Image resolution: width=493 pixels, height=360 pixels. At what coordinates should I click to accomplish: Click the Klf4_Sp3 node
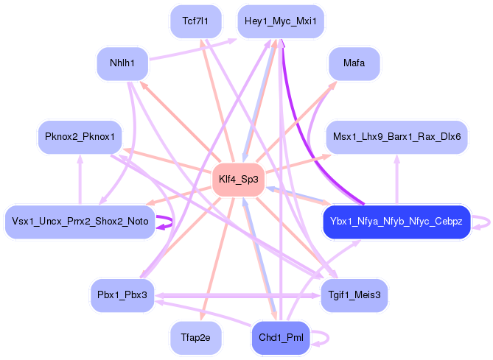[238, 179]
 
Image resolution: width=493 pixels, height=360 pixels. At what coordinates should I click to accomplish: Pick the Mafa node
[354, 63]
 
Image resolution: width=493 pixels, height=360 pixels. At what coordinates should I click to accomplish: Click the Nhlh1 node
[122, 63]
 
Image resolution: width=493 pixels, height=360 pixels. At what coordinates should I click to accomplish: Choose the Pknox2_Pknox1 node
[79, 137]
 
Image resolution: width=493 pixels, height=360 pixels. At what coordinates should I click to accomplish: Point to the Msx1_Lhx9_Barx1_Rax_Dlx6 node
[397, 137]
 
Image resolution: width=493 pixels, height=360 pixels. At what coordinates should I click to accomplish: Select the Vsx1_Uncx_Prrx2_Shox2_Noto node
[80, 221]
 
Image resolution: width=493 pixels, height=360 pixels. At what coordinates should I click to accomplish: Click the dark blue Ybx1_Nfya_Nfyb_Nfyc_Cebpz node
[396, 221]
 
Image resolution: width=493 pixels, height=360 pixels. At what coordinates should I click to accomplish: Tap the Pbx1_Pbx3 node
[122, 295]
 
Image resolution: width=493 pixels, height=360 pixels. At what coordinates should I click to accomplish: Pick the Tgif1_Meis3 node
[354, 295]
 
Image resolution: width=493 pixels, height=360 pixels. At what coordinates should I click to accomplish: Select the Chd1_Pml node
[281, 337]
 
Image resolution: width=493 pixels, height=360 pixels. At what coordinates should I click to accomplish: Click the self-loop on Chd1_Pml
[322, 337]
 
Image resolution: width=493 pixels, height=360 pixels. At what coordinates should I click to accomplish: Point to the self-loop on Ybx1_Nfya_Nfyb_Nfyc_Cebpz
[483, 221]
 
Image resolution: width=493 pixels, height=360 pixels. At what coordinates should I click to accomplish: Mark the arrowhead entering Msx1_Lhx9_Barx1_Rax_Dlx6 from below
[397, 158]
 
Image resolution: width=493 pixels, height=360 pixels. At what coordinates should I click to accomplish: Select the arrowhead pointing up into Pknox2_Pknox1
[80, 158]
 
